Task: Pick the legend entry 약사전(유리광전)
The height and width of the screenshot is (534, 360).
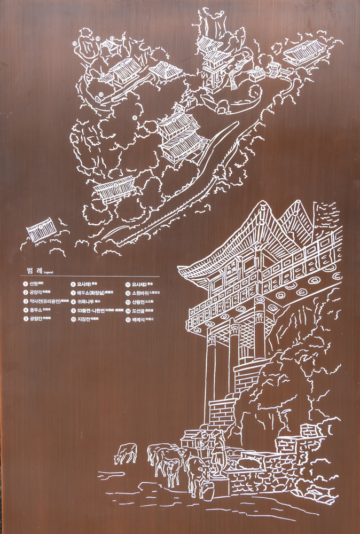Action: (45, 301)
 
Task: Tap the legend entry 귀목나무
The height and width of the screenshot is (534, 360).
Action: (87, 302)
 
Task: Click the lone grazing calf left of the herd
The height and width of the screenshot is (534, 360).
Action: (125, 452)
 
